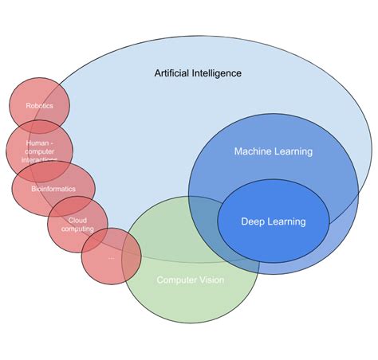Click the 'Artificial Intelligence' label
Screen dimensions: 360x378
pos(198,73)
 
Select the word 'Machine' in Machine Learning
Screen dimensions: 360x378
pos(253,151)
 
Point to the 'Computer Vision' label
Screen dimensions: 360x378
pos(190,280)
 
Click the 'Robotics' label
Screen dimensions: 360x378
pos(39,105)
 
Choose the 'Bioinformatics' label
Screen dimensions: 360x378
pos(53,189)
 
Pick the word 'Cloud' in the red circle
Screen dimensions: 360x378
pos(77,220)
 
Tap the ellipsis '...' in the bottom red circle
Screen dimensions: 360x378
pos(111,256)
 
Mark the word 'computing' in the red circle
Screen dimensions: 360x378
pos(77,229)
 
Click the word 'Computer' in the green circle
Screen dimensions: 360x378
pos(176,280)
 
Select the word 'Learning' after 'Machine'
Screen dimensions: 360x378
pos(292,151)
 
